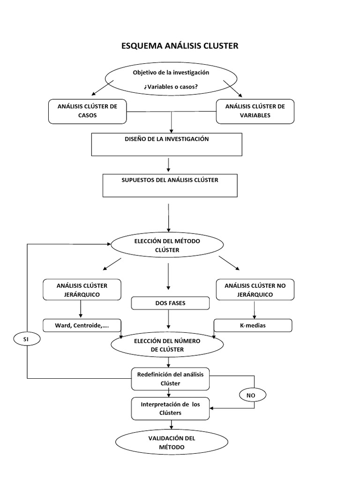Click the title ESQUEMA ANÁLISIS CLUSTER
180,46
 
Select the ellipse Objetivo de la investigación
171,79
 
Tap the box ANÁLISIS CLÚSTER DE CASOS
87,111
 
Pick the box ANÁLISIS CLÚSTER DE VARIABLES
255,111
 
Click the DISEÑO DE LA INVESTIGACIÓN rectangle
167,144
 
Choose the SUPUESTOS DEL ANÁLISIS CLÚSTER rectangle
170,186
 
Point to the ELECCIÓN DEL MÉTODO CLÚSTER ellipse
167,245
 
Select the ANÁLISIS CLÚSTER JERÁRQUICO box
82,290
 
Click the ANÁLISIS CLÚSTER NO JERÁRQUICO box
255,290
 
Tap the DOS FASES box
170,303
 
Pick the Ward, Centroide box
82,325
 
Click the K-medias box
253,325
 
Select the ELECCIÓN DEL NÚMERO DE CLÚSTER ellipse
167,345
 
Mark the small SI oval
26,338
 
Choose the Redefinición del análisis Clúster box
170,379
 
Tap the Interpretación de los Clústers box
170,408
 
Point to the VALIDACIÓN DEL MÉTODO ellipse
172,442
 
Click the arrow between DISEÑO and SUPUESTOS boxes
168,165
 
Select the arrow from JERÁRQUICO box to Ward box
81,309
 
